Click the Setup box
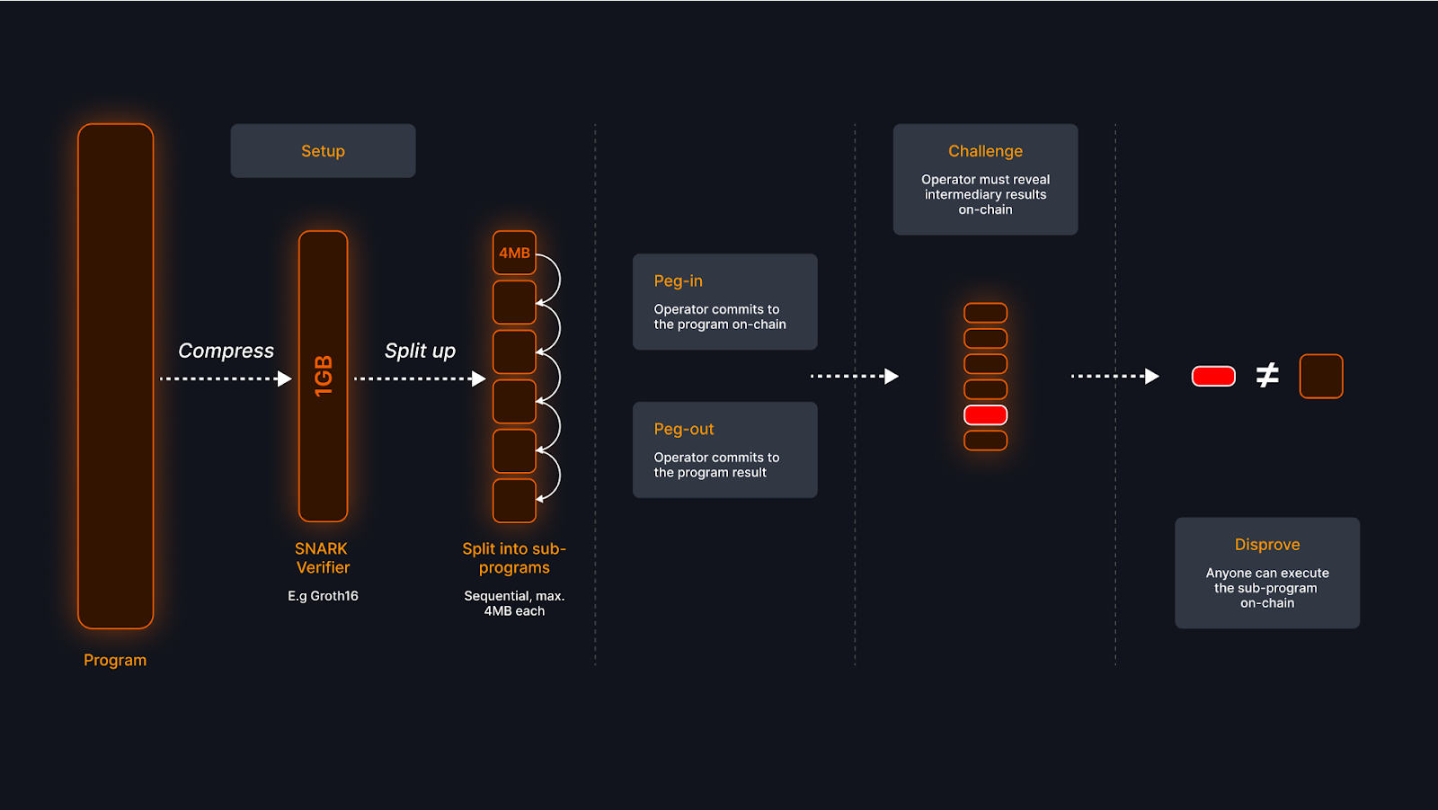pyautogui.click(x=323, y=151)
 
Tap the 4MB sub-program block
pyautogui.click(x=514, y=253)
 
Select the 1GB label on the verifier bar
pyautogui.click(x=324, y=376)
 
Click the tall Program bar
pyautogui.click(x=115, y=376)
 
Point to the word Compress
pyautogui.click(x=226, y=351)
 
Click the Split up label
pyautogui.click(x=420, y=351)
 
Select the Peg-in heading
pyautogui.click(x=679, y=280)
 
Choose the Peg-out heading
pyautogui.click(x=684, y=429)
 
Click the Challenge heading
pyautogui.click(x=985, y=151)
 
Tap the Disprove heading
pyautogui.click(x=1266, y=544)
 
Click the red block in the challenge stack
pyautogui.click(x=985, y=415)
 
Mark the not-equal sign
pyautogui.click(x=1266, y=375)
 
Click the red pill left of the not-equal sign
pyautogui.click(x=1213, y=376)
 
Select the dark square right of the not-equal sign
pyautogui.click(x=1320, y=376)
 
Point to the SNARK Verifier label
pyautogui.click(x=323, y=557)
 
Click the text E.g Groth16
pyautogui.click(x=323, y=596)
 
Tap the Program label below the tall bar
pyautogui.click(x=115, y=660)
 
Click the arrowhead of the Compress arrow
pyautogui.click(x=285, y=378)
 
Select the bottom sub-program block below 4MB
pyautogui.click(x=514, y=501)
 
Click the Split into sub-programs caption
pyautogui.click(x=514, y=557)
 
